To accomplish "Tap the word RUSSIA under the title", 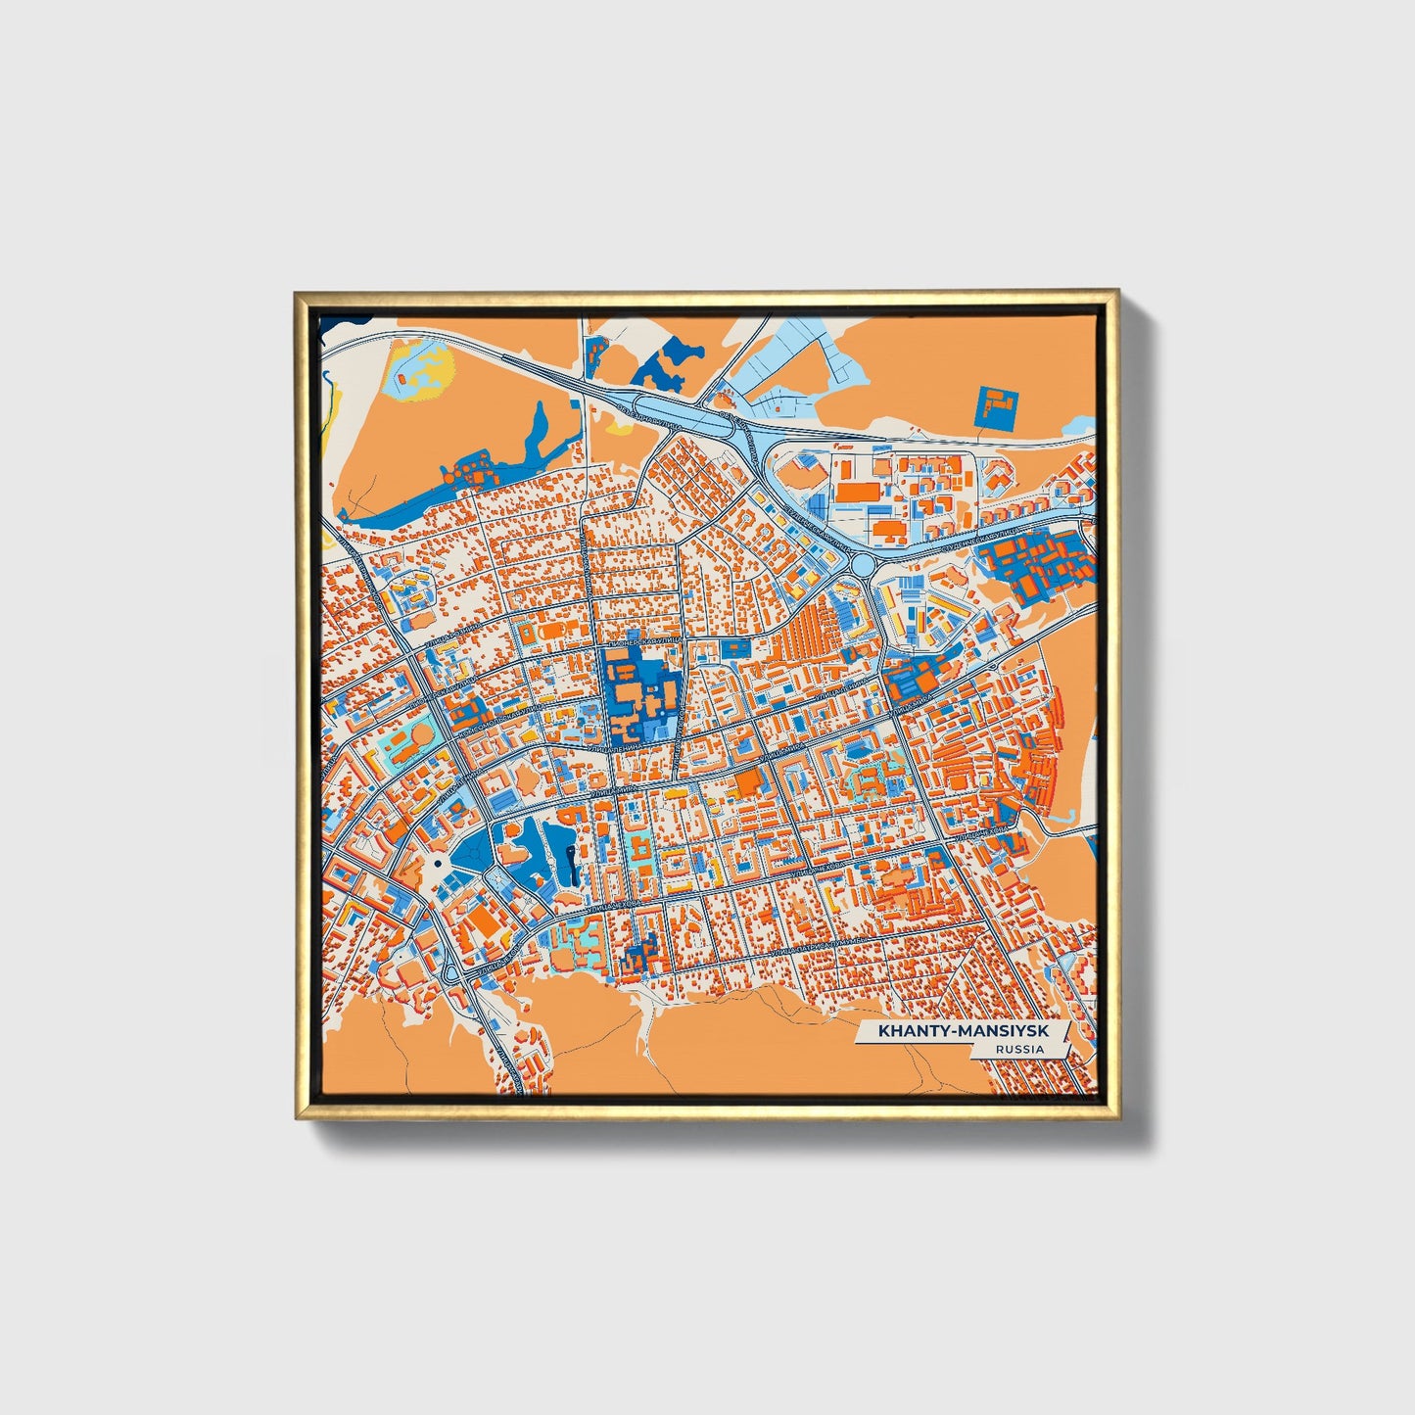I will (x=1018, y=1049).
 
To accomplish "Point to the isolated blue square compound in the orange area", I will (x=997, y=405).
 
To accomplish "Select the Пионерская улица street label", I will (x=641, y=641).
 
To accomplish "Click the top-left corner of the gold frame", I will (x=298, y=293).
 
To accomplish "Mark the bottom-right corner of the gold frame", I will (x=1118, y=1117).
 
